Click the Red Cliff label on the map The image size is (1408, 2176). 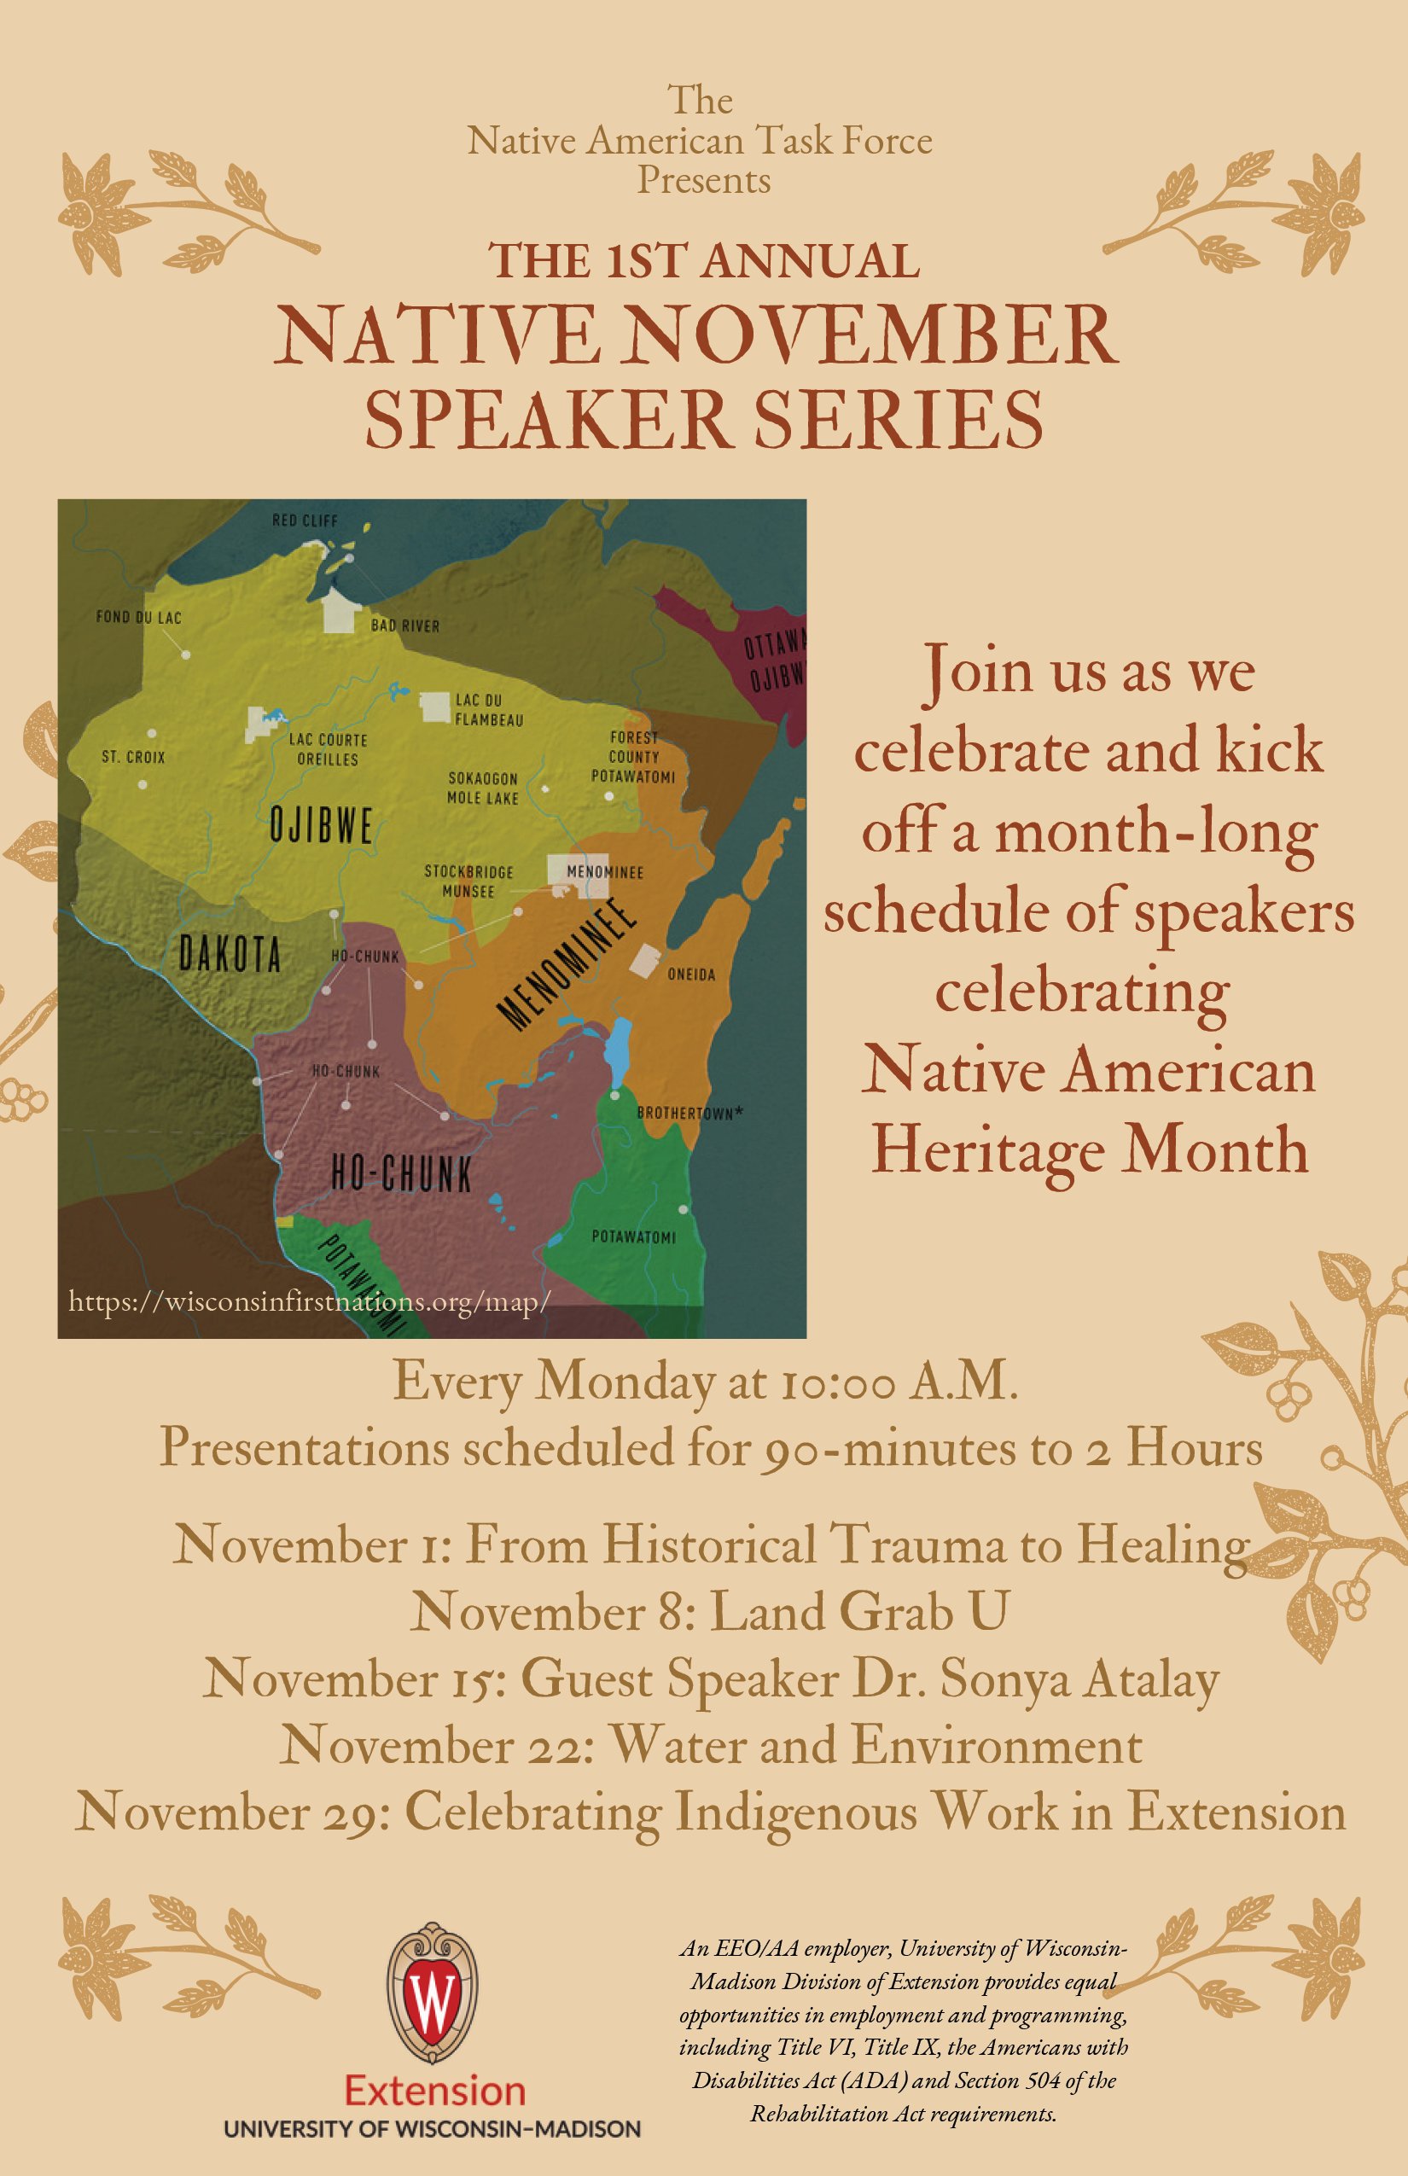[305, 521]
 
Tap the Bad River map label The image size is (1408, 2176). [405, 625]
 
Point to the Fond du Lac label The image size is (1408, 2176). [139, 617]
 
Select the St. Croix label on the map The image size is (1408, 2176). [133, 757]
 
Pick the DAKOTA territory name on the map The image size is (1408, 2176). [230, 955]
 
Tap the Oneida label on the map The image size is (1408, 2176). [691, 975]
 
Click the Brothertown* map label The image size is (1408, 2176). [689, 1113]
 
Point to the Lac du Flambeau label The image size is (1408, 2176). [488, 709]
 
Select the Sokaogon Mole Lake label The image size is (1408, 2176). [483, 788]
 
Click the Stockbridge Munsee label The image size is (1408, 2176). [468, 881]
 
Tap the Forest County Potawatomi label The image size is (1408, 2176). [632, 757]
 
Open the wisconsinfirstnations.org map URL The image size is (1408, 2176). [309, 1301]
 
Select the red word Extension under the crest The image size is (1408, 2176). [434, 2091]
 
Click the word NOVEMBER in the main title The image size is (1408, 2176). [872, 335]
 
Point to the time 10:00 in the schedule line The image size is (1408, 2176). [837, 1382]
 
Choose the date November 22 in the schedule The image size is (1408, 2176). [437, 1745]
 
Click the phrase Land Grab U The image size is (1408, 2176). [859, 1611]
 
